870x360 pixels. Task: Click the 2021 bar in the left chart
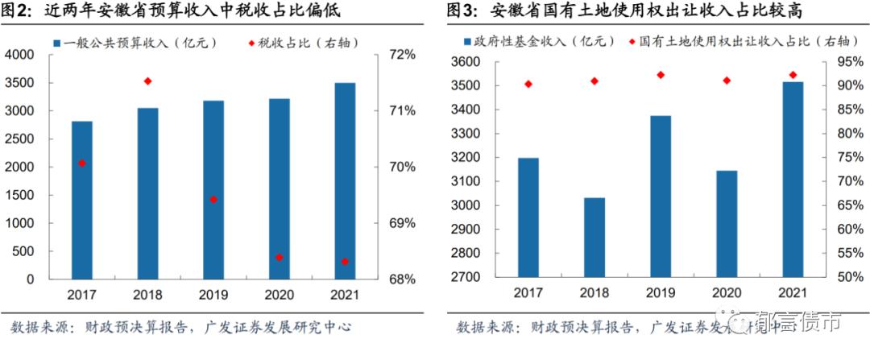point(345,181)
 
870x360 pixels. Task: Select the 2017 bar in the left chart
point(82,201)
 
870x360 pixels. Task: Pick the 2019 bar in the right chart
point(661,197)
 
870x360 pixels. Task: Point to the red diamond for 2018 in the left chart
point(147,81)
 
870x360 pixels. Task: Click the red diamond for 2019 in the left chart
point(213,199)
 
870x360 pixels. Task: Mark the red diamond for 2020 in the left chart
point(279,258)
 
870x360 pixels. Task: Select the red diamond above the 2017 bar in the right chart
point(528,85)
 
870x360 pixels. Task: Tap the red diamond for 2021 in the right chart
point(793,75)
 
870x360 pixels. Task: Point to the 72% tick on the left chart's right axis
point(401,55)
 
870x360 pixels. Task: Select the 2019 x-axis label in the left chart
point(213,295)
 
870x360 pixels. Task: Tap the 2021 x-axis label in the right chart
point(793,293)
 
